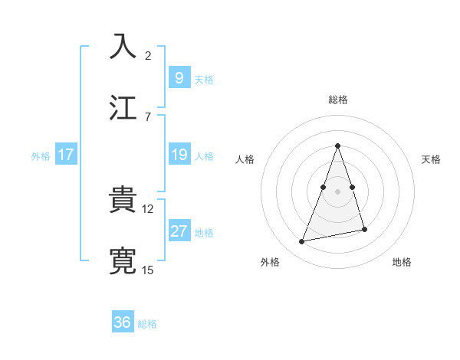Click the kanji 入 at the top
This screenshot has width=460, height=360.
point(123,45)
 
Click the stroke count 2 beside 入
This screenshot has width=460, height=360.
point(148,55)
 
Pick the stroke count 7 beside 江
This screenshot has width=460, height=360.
point(148,116)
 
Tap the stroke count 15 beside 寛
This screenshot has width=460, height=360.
point(149,270)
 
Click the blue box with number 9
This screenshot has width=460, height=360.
point(179,77)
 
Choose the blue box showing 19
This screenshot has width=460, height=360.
point(179,155)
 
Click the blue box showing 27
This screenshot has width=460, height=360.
point(179,231)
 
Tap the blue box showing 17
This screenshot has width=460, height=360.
point(65,155)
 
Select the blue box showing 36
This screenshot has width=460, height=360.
point(122,322)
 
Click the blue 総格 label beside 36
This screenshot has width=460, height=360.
point(148,324)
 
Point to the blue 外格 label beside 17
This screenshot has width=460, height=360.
point(41,156)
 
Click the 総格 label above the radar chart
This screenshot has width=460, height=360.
point(337,100)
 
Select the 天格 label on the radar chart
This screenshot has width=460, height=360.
point(431,159)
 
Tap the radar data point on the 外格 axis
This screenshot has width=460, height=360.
point(302,242)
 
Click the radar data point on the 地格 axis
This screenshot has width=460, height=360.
point(364,229)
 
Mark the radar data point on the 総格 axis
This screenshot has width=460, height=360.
point(337,146)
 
